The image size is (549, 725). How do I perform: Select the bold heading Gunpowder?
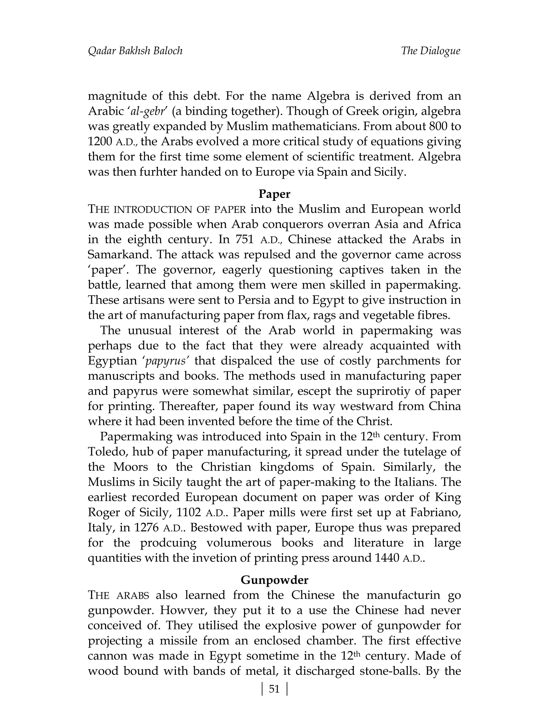[x=274, y=580]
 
